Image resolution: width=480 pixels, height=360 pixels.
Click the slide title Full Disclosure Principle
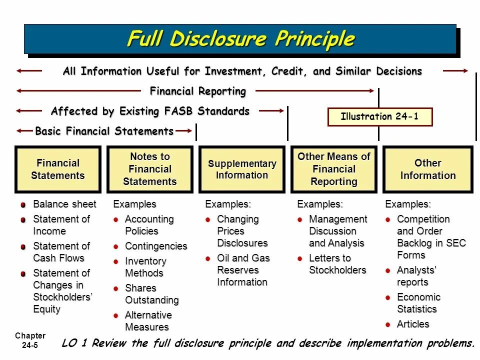(x=240, y=39)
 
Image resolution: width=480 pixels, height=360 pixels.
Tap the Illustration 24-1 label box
(x=379, y=117)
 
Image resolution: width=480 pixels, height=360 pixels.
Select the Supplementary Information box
(x=242, y=169)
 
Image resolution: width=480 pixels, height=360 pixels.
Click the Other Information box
(x=427, y=169)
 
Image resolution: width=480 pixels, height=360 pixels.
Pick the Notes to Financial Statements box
(x=150, y=169)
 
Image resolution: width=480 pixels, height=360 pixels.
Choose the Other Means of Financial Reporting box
(x=334, y=169)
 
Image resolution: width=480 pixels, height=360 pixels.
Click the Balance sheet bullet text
(x=64, y=204)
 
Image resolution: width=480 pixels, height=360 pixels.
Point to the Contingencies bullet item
(x=155, y=246)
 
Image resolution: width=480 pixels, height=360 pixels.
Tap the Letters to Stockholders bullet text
(x=337, y=264)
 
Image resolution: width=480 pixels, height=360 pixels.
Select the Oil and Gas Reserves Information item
(x=243, y=270)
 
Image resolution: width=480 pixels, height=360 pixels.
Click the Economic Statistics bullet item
(x=418, y=303)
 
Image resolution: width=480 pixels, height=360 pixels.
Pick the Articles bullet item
(x=413, y=324)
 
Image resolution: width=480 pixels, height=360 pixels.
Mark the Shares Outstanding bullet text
(x=151, y=294)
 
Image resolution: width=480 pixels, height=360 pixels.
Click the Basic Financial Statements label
(x=104, y=131)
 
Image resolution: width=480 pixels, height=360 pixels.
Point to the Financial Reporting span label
(x=198, y=91)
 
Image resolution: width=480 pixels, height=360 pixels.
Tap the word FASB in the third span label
(x=179, y=111)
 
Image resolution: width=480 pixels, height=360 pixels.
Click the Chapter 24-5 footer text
(x=30, y=340)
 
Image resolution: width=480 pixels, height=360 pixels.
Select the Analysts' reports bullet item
(x=416, y=276)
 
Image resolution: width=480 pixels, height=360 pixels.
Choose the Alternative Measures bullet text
(x=148, y=321)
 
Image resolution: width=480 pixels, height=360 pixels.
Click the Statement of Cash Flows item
(x=61, y=252)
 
